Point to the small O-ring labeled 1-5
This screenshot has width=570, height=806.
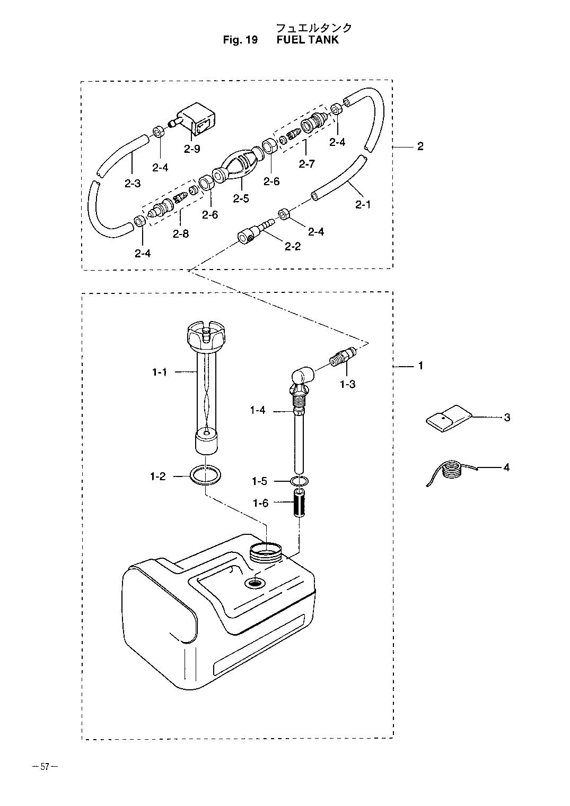click(x=300, y=481)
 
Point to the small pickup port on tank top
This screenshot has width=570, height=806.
click(x=255, y=583)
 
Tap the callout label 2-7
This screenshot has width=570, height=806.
click(x=307, y=164)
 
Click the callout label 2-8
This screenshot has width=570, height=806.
click(x=180, y=234)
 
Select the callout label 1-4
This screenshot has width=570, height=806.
click(x=258, y=410)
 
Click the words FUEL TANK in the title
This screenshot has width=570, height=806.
click(x=308, y=40)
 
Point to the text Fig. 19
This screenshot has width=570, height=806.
click(x=240, y=40)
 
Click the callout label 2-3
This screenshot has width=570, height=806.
click(x=133, y=184)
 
